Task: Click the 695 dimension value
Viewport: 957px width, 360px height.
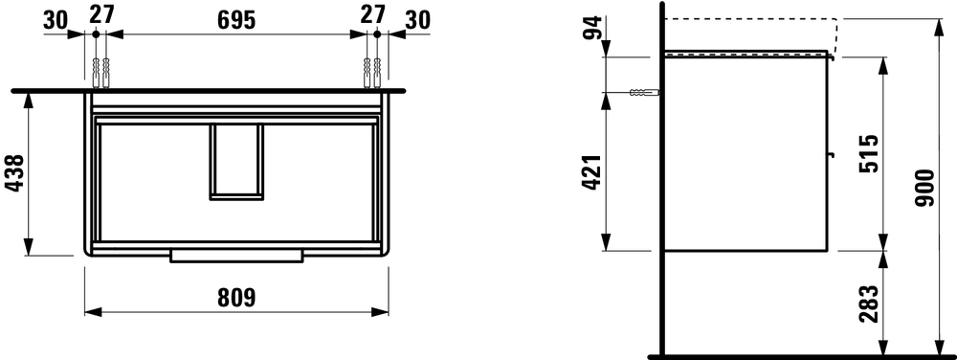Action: coord(236,20)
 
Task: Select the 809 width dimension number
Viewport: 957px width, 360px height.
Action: coord(236,298)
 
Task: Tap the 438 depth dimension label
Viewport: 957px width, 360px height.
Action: coord(14,173)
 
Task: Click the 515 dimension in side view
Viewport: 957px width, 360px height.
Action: coord(869,153)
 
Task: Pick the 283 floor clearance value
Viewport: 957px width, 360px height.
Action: coord(869,304)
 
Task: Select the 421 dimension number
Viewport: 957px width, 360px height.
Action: coord(592,172)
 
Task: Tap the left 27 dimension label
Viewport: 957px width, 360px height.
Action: coord(101,14)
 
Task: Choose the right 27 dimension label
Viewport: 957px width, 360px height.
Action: coord(373,14)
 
